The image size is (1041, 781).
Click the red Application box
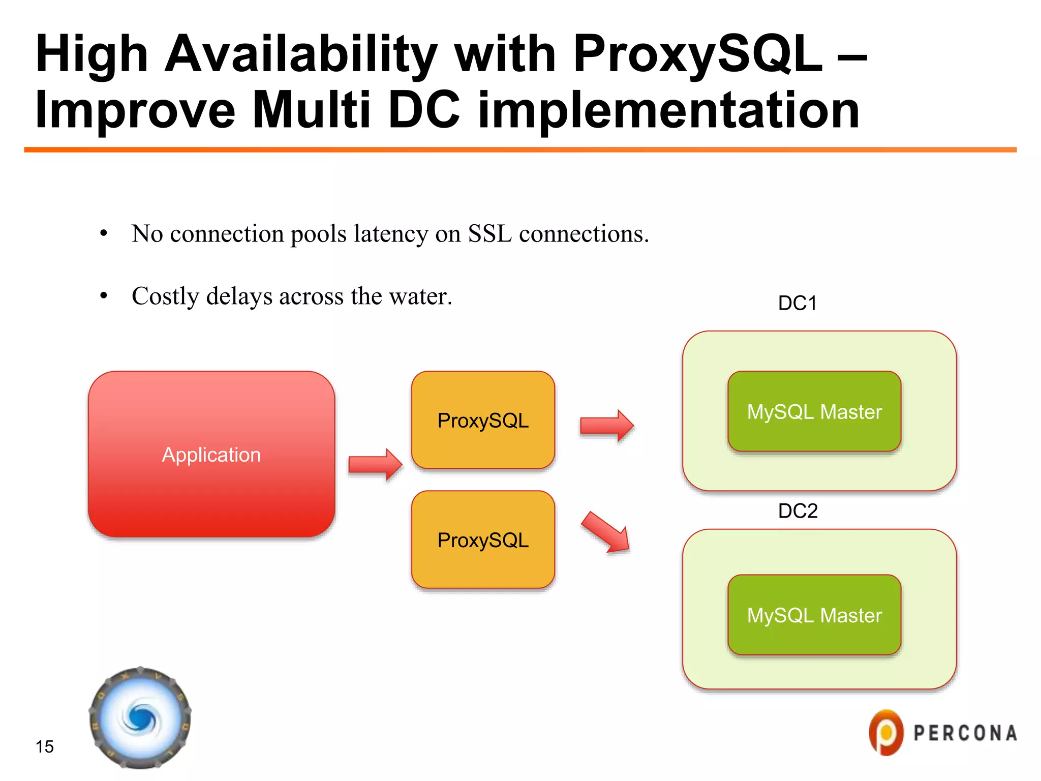tap(211, 454)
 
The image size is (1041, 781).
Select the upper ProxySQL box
tap(483, 420)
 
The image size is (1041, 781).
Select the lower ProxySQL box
tap(483, 539)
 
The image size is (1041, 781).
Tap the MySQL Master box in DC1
tap(814, 411)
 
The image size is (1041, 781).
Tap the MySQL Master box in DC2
tap(814, 615)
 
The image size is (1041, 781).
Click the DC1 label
tap(797, 303)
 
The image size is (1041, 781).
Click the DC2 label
tap(798, 510)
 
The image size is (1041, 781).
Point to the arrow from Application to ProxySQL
tap(375, 464)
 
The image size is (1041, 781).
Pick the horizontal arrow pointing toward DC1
tap(606, 426)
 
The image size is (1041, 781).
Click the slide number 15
tap(45, 746)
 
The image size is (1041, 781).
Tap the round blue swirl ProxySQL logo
tap(140, 717)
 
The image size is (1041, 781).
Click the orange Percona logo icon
tap(886, 732)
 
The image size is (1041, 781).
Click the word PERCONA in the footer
tap(965, 733)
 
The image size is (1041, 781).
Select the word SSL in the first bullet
tap(489, 234)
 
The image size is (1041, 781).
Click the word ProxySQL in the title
tap(697, 54)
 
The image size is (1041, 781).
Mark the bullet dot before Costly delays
tap(104, 295)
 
